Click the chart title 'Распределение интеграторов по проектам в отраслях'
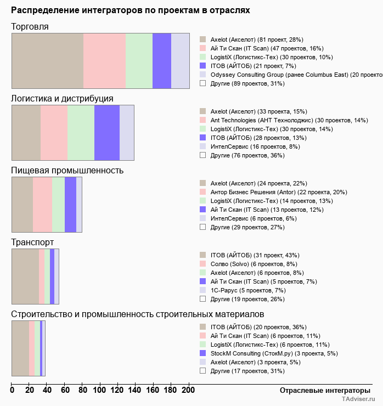pyautogui.click(x=131, y=10)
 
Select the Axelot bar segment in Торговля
pyautogui.click(x=47, y=60)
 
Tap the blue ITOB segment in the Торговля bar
pyautogui.click(x=162, y=60)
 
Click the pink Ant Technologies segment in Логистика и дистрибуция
pyautogui.click(x=54, y=132)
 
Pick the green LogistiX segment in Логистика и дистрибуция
pyautogui.click(x=81, y=132)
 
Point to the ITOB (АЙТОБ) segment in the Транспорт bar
pyautogui.click(x=25, y=276)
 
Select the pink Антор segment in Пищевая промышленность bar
pyautogui.click(x=42, y=205)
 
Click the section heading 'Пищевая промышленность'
pyautogui.click(x=67, y=170)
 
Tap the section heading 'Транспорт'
pyautogui.click(x=32, y=242)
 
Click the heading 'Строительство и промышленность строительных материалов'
pyautogui.click(x=138, y=314)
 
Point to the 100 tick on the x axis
pyautogui.click(x=100, y=390)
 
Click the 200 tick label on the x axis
pyautogui.click(x=188, y=390)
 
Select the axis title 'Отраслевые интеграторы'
pyautogui.click(x=321, y=390)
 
